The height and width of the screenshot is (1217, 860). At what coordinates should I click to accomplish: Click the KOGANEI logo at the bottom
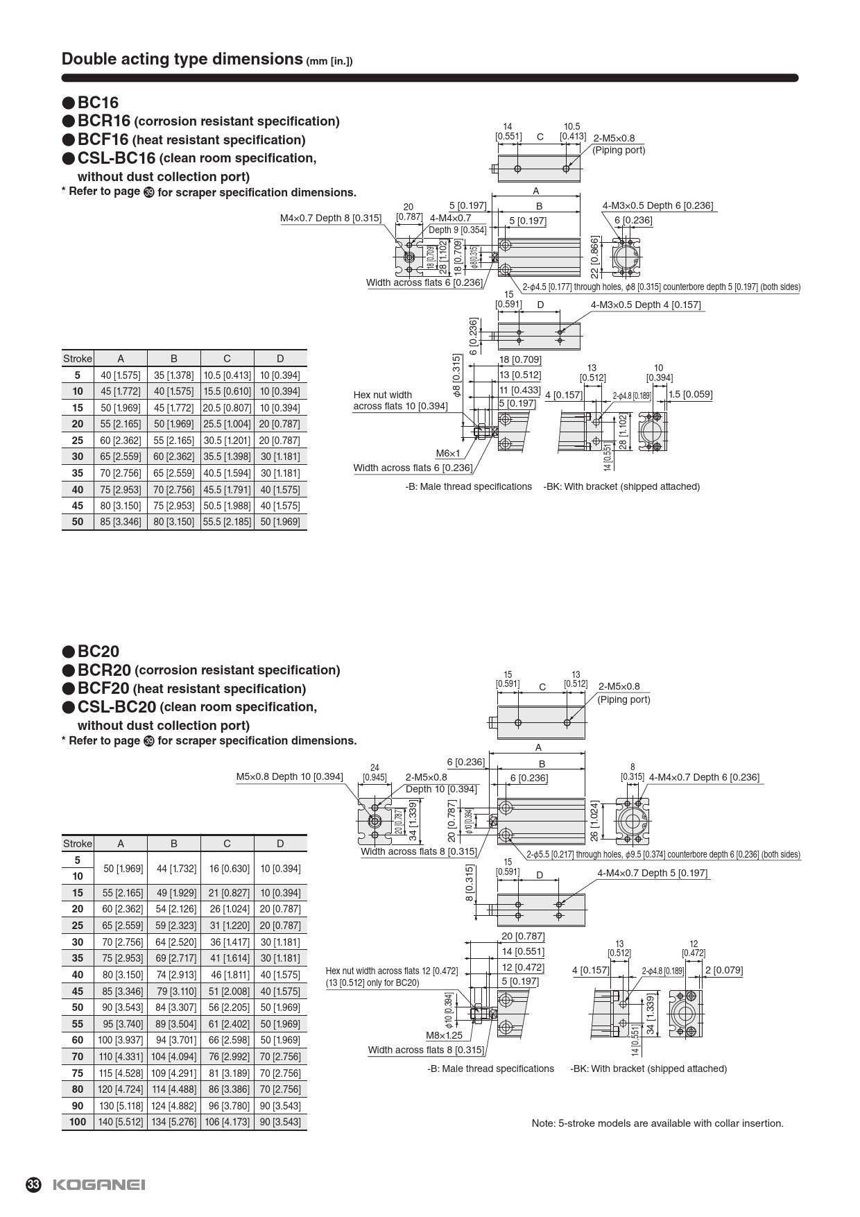(99, 1184)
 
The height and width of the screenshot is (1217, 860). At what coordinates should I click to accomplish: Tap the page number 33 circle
(33, 1184)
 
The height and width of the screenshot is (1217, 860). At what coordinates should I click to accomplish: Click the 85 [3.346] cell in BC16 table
(121, 522)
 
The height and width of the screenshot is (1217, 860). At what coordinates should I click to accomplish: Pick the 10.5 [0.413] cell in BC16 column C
(227, 375)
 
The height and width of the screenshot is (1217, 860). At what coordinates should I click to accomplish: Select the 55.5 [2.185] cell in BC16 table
(227, 522)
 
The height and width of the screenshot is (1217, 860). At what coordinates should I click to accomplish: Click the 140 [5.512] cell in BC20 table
(121, 1122)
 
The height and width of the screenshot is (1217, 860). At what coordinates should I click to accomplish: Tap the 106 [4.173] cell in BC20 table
(227, 1122)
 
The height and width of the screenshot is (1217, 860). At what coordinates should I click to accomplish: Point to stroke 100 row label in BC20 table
(78, 1122)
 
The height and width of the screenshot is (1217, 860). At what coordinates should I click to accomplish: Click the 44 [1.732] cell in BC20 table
(173, 869)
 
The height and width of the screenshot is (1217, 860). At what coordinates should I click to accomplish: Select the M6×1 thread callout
(448, 454)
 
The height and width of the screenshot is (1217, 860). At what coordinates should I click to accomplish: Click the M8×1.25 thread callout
(444, 1035)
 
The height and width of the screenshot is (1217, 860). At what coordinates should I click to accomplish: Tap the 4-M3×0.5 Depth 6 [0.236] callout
(657, 205)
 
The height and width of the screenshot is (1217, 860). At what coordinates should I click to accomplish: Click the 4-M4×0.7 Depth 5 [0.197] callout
(652, 873)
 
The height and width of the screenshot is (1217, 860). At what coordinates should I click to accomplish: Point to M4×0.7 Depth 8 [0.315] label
(330, 218)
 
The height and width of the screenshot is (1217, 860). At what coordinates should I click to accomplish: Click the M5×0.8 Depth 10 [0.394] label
(289, 776)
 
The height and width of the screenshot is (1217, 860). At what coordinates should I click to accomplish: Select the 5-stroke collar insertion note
(657, 1123)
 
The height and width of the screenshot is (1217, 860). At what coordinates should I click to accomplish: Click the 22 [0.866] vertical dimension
(594, 257)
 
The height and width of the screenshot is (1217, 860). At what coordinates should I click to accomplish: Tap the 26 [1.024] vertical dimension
(594, 821)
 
